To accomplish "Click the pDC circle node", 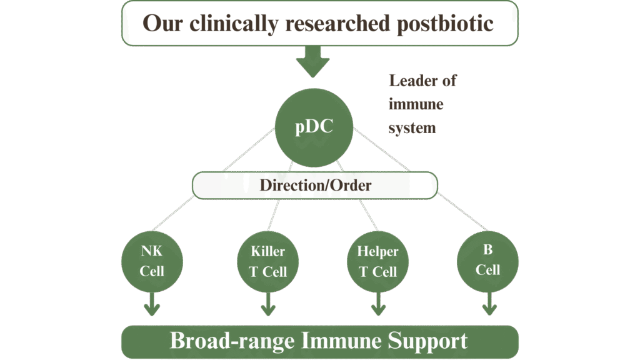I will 314,128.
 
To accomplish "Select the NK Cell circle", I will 152,261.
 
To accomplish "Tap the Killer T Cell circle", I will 268,261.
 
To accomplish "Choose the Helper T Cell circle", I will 377,261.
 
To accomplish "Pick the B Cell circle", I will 487,260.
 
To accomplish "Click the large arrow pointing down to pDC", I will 312,61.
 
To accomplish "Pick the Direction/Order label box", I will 315,186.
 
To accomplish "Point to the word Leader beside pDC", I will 422,81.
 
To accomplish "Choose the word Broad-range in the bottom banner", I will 232,341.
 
